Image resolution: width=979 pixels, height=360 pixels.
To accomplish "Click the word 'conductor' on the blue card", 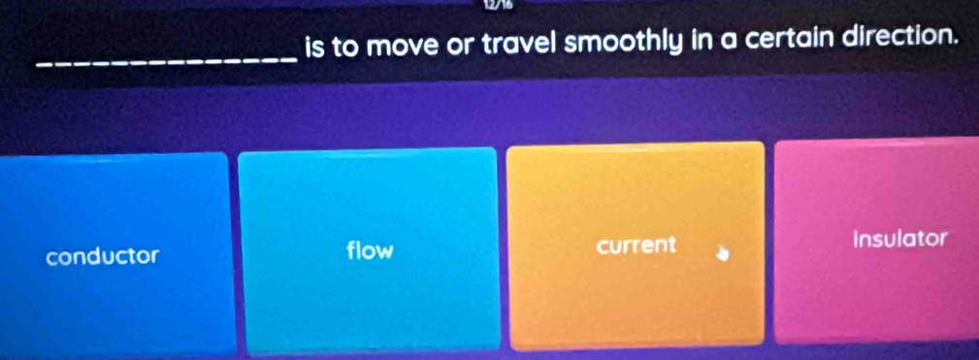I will pyautogui.click(x=103, y=256).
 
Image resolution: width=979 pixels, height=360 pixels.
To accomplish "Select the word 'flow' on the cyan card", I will pyautogui.click(x=370, y=250).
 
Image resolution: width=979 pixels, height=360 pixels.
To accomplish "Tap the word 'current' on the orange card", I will pyautogui.click(x=636, y=245).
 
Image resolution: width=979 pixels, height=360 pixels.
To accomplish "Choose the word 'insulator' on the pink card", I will pyautogui.click(x=897, y=239).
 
